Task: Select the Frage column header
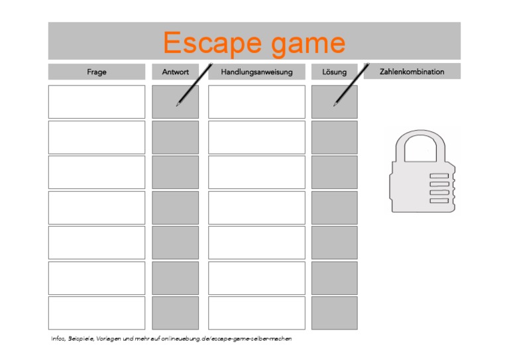pos(96,72)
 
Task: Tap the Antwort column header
pos(175,72)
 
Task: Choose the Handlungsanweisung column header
pos(256,72)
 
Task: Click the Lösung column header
pos(334,72)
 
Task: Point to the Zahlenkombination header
pos(412,72)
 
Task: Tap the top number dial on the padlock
pos(439,176)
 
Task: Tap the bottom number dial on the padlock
pos(439,200)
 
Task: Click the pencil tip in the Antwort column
pos(177,105)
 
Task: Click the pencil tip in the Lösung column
pos(335,105)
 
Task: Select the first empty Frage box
pos(96,101)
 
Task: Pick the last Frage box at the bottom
pos(96,313)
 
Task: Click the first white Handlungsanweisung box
pos(256,101)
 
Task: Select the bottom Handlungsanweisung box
pos(256,313)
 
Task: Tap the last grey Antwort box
pos(175,313)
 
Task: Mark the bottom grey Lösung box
pos(334,313)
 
